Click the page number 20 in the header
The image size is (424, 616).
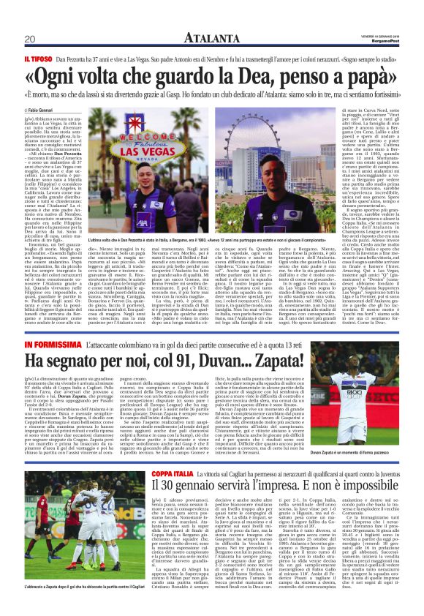pyautogui.click(x=30, y=39)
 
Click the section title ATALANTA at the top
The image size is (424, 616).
pyautogui.click(x=211, y=38)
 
